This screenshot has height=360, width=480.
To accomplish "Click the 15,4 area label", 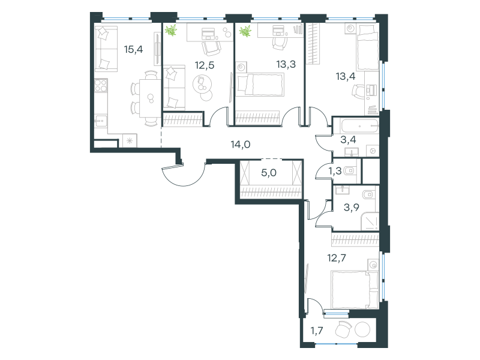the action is (133, 49).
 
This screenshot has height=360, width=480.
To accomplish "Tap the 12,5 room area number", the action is (205, 65).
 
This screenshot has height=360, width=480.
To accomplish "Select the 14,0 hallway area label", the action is (241, 144).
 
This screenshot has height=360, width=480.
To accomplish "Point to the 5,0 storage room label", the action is (269, 173).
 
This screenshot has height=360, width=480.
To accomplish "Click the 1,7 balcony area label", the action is (317, 331).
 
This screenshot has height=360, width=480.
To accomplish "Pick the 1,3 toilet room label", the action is (335, 171).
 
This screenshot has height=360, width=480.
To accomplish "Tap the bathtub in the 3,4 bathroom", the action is (355, 126).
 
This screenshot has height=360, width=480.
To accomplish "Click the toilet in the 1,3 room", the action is (349, 171).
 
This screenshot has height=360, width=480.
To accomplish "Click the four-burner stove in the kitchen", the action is (101, 85).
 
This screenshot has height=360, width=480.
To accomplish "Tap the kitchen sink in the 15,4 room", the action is (100, 122).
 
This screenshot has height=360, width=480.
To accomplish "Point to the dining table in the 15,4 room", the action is (151, 98).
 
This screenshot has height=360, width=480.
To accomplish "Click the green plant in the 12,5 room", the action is (171, 31).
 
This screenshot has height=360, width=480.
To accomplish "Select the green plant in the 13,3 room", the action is (245, 31).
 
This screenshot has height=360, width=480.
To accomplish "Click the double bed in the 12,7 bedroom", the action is (355, 289).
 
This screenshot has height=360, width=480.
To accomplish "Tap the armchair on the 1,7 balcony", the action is (343, 329).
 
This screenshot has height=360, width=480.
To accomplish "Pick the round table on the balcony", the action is (362, 330).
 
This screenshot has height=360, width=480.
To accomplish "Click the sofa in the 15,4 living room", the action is (106, 49).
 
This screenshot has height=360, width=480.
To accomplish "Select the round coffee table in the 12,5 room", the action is (202, 84).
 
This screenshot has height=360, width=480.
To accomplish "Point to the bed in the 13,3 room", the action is (260, 85).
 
